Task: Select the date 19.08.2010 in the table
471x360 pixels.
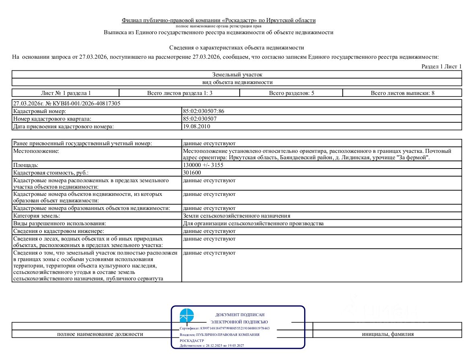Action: pyautogui.click(x=196, y=126)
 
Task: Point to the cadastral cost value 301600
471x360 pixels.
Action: pyautogui.click(x=192, y=173)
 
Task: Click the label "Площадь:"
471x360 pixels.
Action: pyautogui.click(x=26, y=165)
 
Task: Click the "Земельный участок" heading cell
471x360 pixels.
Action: pyautogui.click(x=237, y=74)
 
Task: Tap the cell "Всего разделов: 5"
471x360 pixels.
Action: pyautogui.click(x=291, y=93)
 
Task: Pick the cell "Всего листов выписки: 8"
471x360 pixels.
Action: pyautogui.click(x=402, y=93)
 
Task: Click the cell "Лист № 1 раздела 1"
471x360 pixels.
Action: pyautogui.click(x=66, y=93)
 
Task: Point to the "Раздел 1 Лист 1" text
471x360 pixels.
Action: pyautogui.click(x=441, y=66)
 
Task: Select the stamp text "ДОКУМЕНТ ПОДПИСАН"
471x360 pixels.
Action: pyautogui.click(x=240, y=315)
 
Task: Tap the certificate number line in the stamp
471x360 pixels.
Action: pyautogui.click(x=224, y=328)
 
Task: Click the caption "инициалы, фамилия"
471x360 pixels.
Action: pyautogui.click(x=387, y=334)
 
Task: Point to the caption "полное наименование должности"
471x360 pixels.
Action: pyautogui.click(x=100, y=334)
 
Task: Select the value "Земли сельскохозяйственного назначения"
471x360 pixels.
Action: pyautogui.click(x=237, y=216)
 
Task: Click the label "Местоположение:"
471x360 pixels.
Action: pyautogui.click(x=36, y=151)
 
